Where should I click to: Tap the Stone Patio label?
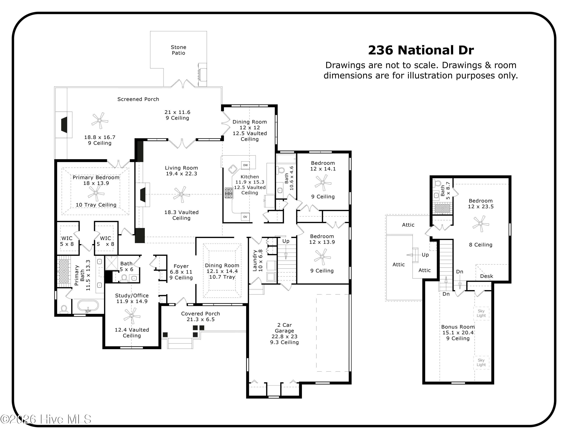pyautogui.click(x=178, y=50)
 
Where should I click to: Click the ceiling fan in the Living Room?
pyautogui.click(x=181, y=194)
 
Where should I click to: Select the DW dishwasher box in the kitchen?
pyautogui.click(x=245, y=165)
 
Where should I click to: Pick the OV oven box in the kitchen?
pyautogui.click(x=245, y=217)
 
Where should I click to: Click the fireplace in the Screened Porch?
pyautogui.click(x=64, y=125)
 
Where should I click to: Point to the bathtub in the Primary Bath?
pyautogui.click(x=88, y=306)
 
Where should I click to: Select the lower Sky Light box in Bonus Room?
pyautogui.click(x=481, y=362)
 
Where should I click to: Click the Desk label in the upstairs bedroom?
pyautogui.click(x=486, y=276)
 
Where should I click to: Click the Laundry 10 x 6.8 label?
pyautogui.click(x=257, y=261)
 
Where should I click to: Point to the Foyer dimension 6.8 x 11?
pyautogui.click(x=181, y=272)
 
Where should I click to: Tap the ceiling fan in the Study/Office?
pyautogui.click(x=132, y=316)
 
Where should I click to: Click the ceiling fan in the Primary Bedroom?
pyautogui.click(x=96, y=193)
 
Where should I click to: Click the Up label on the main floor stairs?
pyautogui.click(x=286, y=241)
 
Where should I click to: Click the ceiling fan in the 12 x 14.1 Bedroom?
pyautogui.click(x=323, y=182)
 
